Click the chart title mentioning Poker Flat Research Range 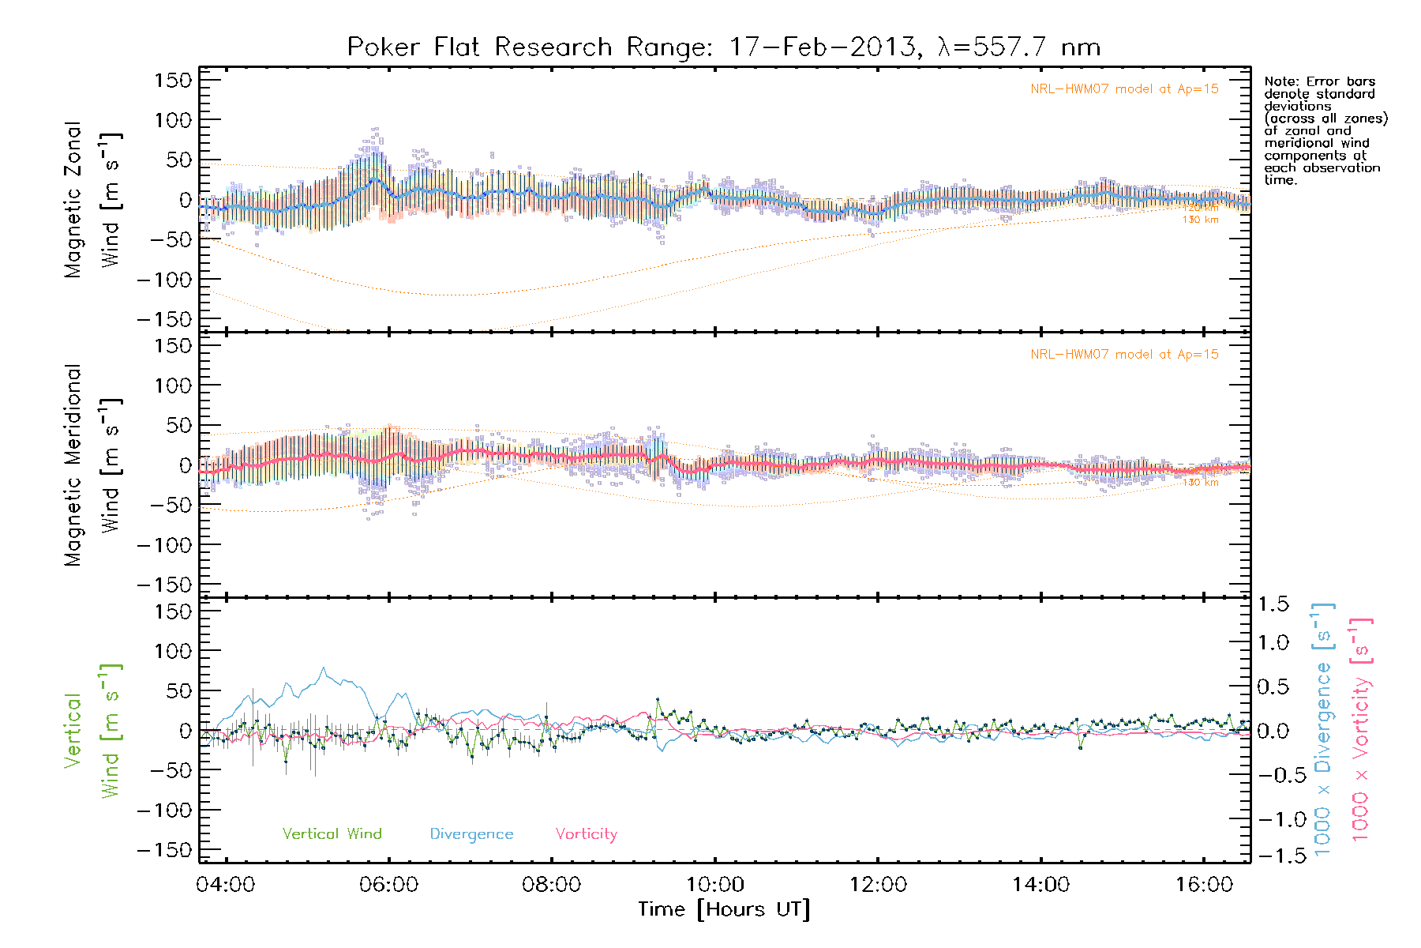click(x=724, y=47)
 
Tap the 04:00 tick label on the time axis click(x=226, y=885)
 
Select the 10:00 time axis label click(x=714, y=885)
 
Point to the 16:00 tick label click(x=1204, y=885)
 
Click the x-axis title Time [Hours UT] click(x=724, y=910)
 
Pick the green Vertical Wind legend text click(x=332, y=834)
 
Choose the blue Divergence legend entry click(x=471, y=834)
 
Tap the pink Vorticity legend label click(x=586, y=834)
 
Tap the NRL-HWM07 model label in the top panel click(x=1124, y=89)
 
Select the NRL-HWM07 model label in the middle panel click(x=1124, y=355)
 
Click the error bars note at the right click(x=1325, y=130)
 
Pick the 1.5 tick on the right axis click(x=1273, y=604)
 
